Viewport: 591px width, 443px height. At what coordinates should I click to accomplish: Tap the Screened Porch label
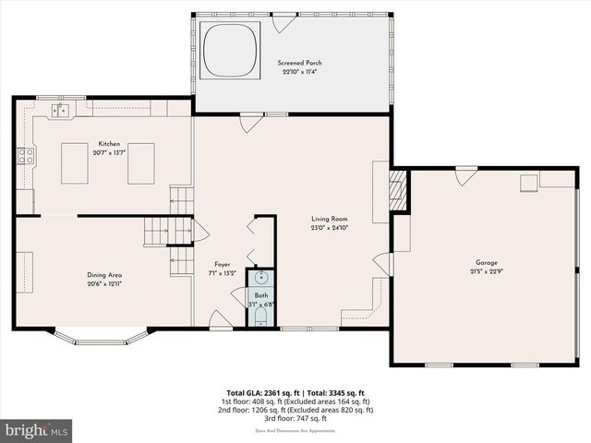click(300, 63)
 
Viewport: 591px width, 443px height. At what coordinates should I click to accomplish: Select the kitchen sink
click(61, 111)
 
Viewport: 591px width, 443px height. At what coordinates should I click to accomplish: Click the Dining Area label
click(104, 275)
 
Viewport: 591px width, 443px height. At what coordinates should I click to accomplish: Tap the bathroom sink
click(260, 277)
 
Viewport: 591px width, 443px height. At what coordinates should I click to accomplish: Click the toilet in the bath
click(260, 317)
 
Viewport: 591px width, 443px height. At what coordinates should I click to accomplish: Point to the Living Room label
click(329, 219)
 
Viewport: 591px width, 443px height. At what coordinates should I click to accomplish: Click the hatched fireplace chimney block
click(398, 189)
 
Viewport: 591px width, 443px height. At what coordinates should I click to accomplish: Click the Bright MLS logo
click(37, 429)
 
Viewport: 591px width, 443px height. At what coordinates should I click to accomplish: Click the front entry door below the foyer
click(220, 320)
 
